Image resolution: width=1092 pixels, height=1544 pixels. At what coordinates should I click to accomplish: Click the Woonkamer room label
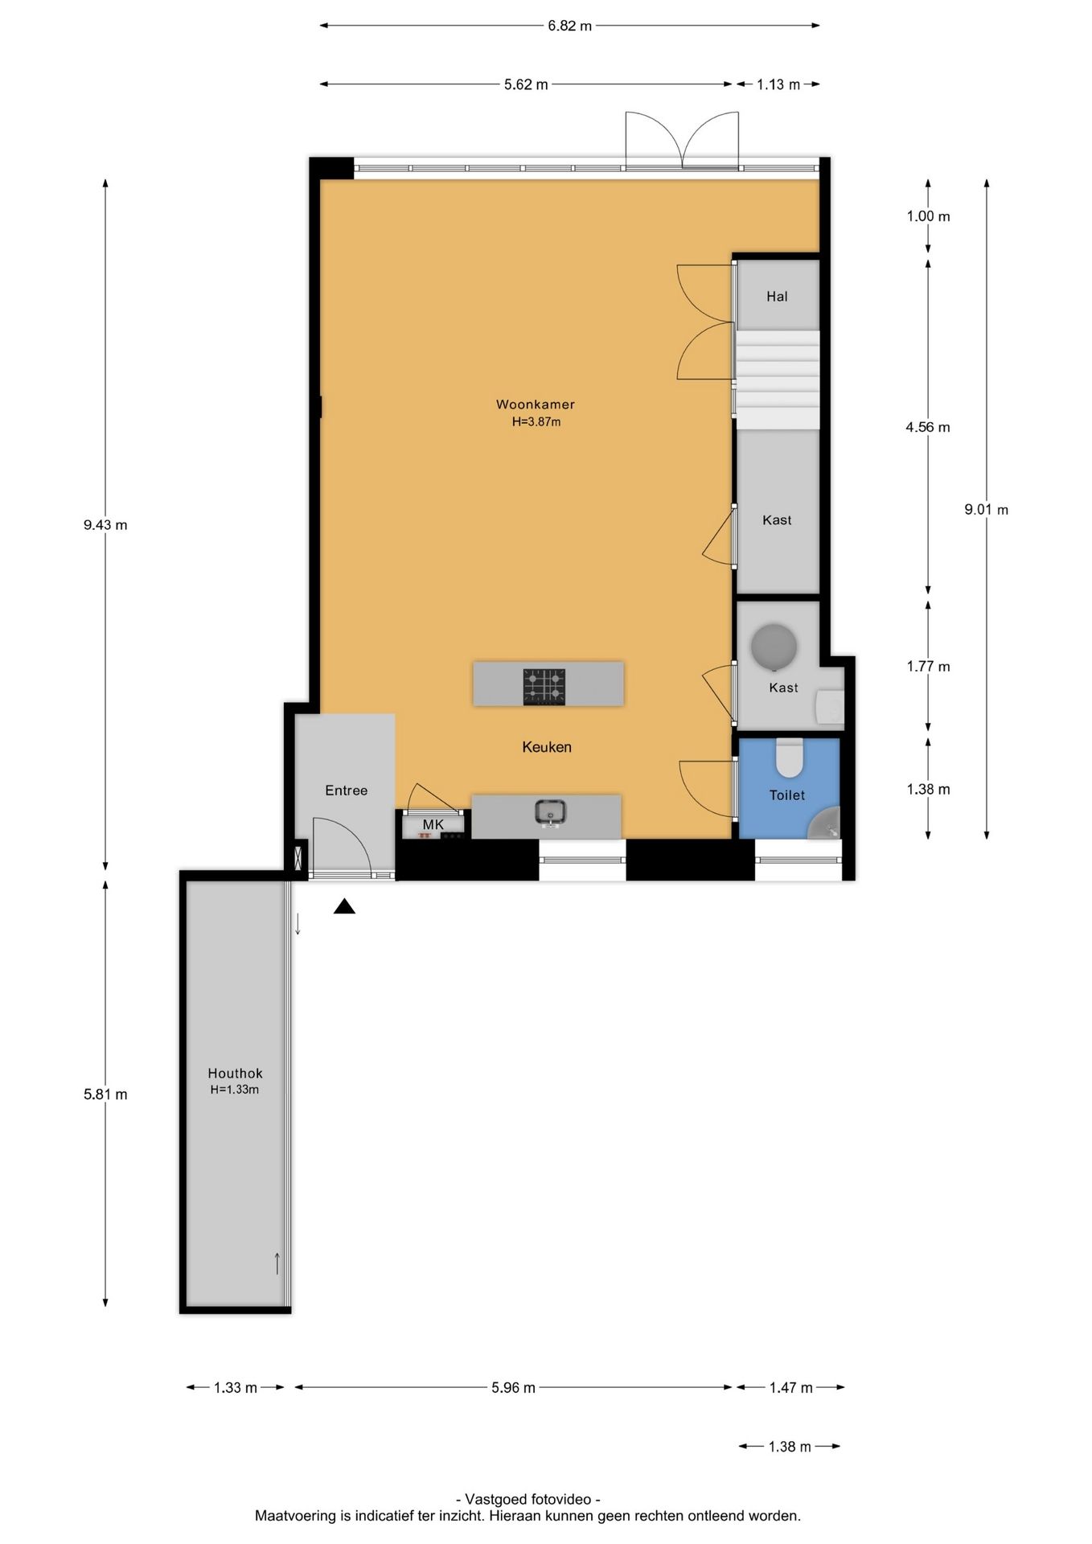coord(535,404)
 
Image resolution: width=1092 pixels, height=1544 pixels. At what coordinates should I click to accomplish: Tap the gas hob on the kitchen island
coord(544,687)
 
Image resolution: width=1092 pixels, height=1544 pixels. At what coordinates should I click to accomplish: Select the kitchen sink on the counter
coord(551,811)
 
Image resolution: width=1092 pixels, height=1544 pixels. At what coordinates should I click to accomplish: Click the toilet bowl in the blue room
coord(790,758)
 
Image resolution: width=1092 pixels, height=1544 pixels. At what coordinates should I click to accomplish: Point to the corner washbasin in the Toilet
coord(826,824)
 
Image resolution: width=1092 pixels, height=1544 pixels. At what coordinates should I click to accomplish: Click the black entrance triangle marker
coord(345,906)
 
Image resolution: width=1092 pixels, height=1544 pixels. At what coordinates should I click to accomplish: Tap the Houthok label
coord(235,1073)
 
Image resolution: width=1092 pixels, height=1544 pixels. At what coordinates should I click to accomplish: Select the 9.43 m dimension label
coord(105,525)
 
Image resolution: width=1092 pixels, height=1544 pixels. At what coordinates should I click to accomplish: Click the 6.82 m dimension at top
coord(569,26)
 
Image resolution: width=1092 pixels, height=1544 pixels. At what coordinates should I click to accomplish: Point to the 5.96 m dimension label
coord(513,1387)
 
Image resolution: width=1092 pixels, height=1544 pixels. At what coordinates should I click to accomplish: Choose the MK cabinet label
coord(433,824)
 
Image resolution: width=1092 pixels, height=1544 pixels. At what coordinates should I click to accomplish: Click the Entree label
coord(346,790)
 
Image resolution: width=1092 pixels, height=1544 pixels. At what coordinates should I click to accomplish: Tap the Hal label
coord(777,297)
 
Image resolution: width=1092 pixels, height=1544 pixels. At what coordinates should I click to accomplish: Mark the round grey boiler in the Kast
coord(774,647)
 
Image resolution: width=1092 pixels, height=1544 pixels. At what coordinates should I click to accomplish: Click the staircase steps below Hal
coord(778,379)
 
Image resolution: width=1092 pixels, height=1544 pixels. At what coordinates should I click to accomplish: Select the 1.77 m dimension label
coord(928,667)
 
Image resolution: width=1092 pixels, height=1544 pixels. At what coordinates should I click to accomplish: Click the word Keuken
coord(547,747)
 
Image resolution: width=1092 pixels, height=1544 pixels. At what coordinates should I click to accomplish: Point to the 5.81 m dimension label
coord(105,1094)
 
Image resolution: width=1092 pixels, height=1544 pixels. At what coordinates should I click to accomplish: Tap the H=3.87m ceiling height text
coord(536,421)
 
